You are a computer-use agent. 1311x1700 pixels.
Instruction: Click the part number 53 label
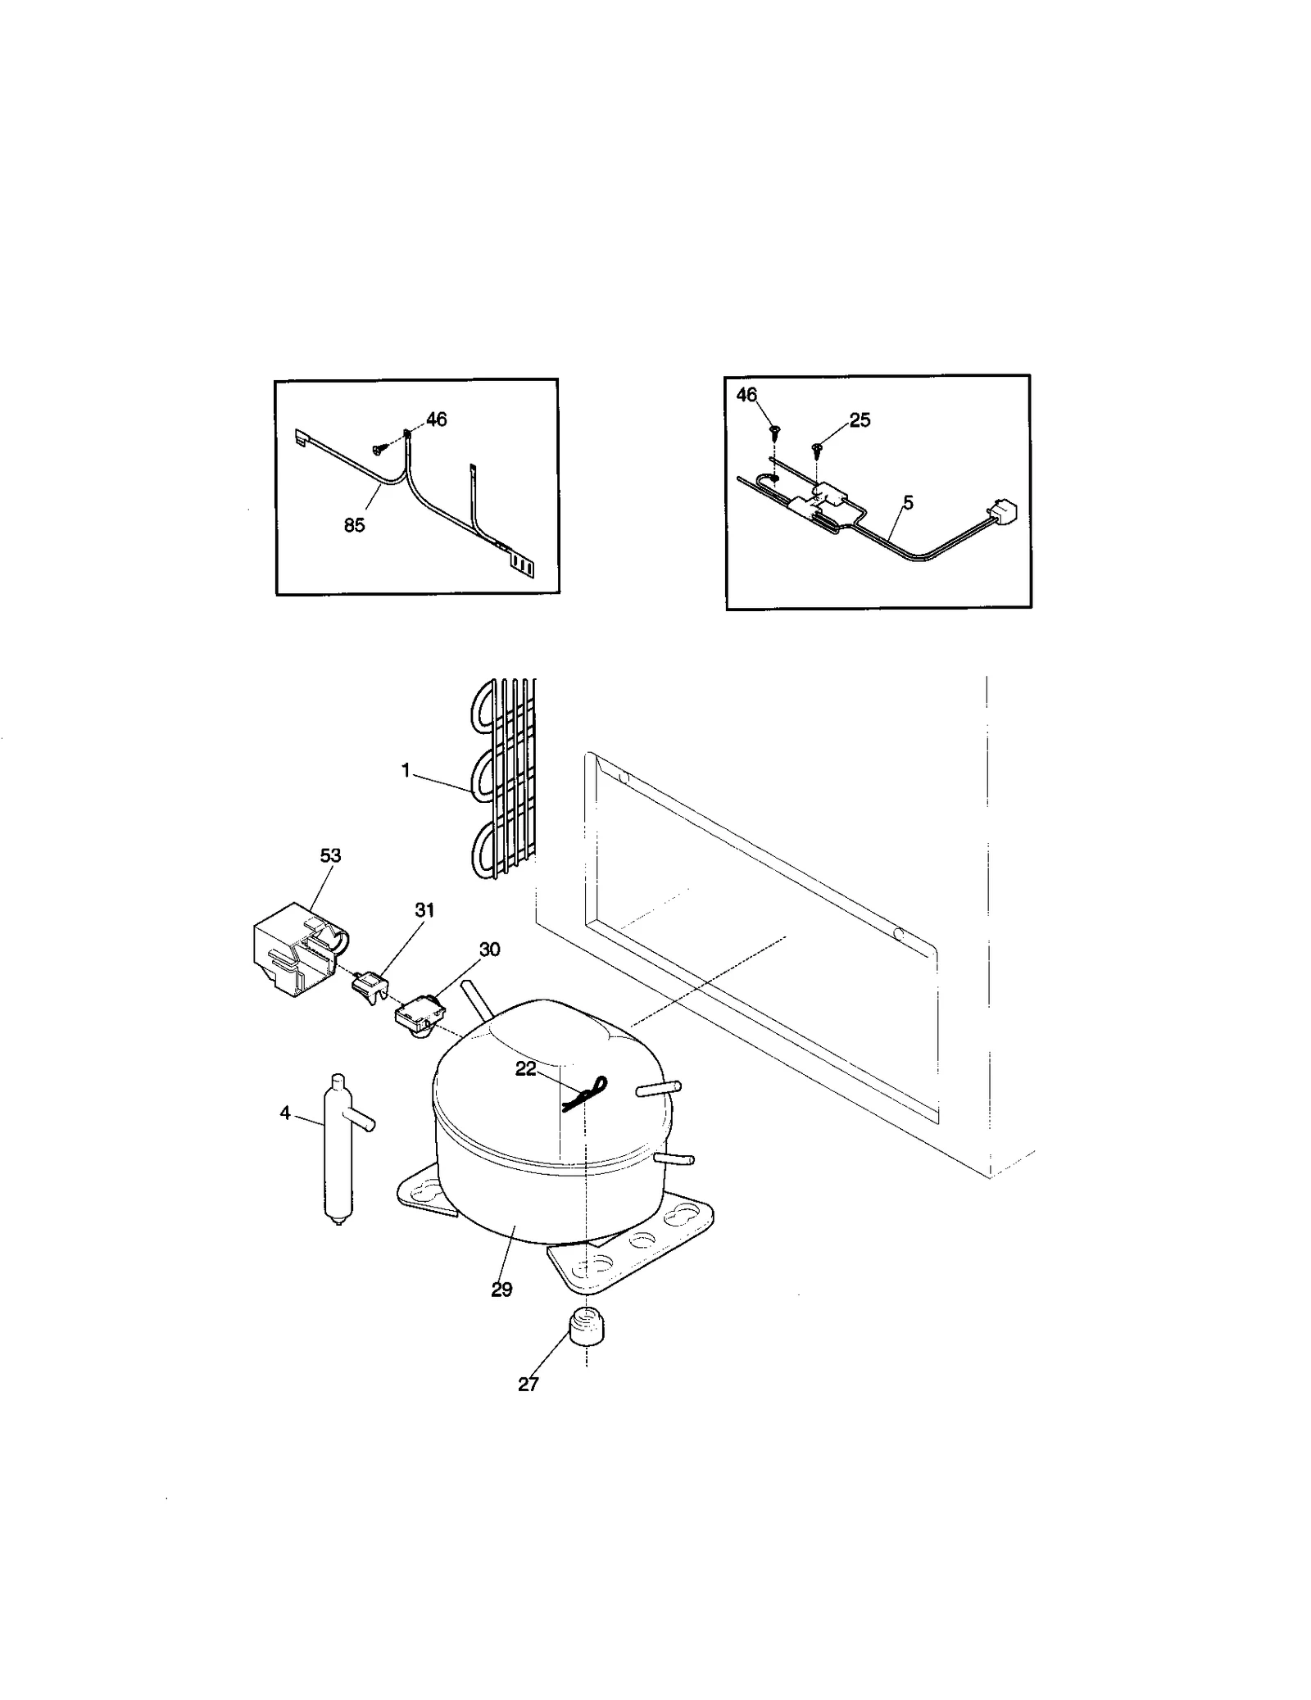pyautogui.click(x=330, y=855)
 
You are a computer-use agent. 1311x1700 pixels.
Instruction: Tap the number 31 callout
pyautogui.click(x=424, y=909)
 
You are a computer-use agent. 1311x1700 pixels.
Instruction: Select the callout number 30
pyautogui.click(x=489, y=950)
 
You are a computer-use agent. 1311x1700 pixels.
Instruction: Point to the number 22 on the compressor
pyautogui.click(x=525, y=1069)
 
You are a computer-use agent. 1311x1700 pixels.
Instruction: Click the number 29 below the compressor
pyautogui.click(x=501, y=1290)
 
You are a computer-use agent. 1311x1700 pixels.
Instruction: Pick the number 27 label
pyautogui.click(x=528, y=1384)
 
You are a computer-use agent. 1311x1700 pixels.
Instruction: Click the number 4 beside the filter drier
pyautogui.click(x=284, y=1113)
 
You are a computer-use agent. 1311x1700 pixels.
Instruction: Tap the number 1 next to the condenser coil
pyautogui.click(x=405, y=771)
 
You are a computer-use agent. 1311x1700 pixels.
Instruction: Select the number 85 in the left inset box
pyautogui.click(x=354, y=525)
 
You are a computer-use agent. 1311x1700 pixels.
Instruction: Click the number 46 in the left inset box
pyautogui.click(x=437, y=419)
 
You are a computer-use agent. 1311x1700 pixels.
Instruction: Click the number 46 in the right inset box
pyautogui.click(x=746, y=395)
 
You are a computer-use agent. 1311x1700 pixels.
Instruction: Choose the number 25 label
pyautogui.click(x=860, y=420)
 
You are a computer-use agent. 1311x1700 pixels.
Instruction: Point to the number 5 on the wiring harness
pyautogui.click(x=908, y=503)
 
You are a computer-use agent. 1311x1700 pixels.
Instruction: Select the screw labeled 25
pyautogui.click(x=817, y=448)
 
